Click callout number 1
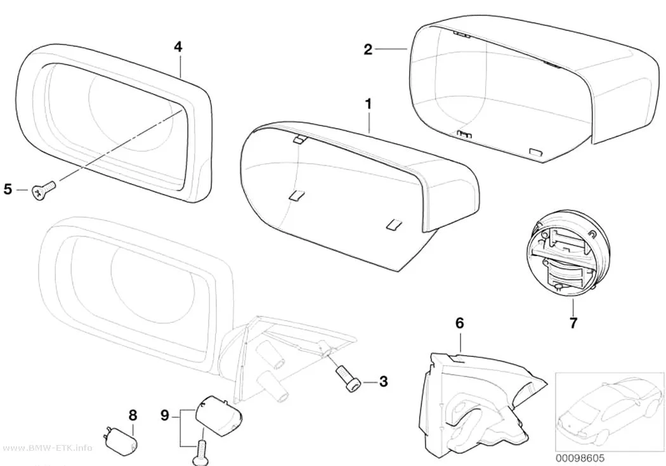[x=369, y=103]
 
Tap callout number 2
[x=368, y=49]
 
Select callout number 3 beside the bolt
[x=383, y=381]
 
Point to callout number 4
[x=178, y=47]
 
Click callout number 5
[x=8, y=190]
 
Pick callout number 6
[x=460, y=323]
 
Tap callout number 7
[x=573, y=323]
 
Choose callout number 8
[x=133, y=415]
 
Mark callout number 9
[x=165, y=415]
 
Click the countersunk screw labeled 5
[x=43, y=190]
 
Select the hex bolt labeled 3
[x=348, y=380]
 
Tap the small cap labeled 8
[x=121, y=441]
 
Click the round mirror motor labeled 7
[x=568, y=254]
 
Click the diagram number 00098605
[x=580, y=458]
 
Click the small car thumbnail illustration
[x=610, y=411]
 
